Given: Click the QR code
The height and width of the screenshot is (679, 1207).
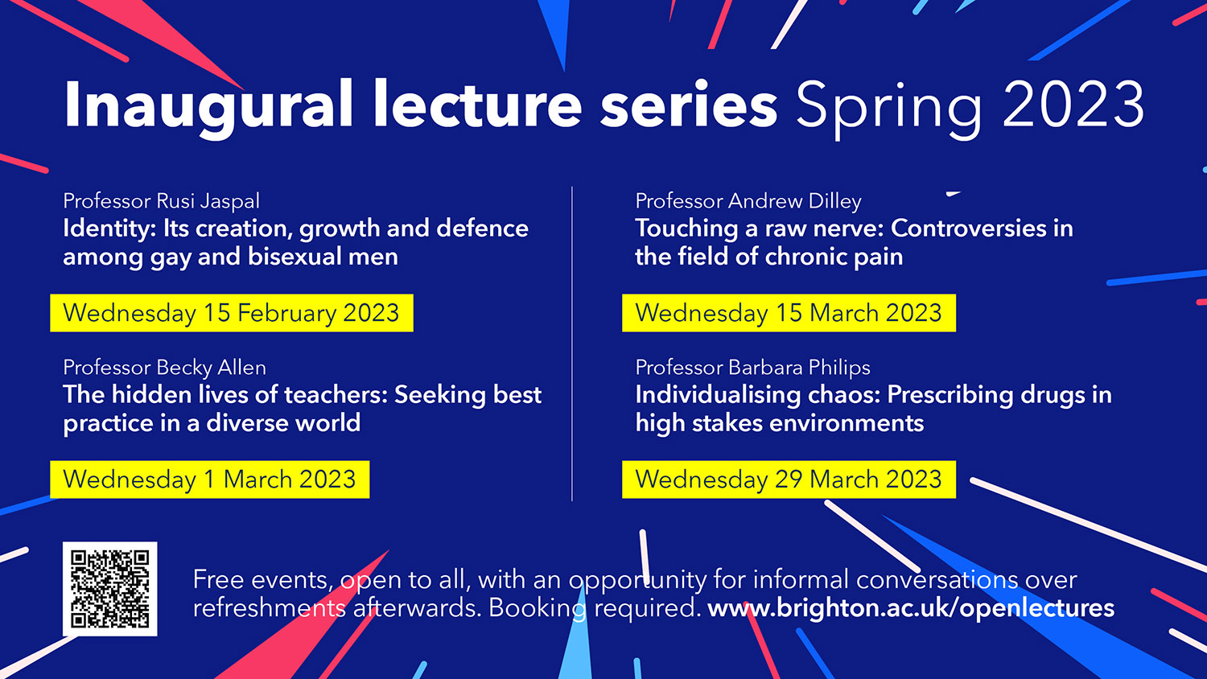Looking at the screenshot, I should tap(110, 589).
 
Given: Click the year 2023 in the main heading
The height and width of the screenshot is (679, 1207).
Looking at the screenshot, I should tap(1073, 105).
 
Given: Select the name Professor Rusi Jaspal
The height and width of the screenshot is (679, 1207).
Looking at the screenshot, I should tap(161, 201).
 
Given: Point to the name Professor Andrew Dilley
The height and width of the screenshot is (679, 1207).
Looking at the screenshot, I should tap(748, 201).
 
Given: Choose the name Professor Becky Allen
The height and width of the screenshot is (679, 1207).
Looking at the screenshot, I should tap(164, 368).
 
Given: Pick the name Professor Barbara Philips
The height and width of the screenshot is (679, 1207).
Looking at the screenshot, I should tap(752, 368).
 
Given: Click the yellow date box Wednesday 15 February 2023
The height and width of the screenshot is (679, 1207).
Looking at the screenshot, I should tap(231, 313).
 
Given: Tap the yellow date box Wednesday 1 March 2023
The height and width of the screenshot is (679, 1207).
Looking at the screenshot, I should tap(209, 479).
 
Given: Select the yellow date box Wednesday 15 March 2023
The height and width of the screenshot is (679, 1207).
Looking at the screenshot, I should tap(789, 313).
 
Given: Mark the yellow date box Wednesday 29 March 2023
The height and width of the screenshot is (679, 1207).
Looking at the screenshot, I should tap(789, 479).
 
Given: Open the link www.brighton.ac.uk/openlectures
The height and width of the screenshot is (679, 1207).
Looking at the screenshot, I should tap(911, 608).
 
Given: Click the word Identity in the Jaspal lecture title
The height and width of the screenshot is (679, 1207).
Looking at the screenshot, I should tap(109, 229).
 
